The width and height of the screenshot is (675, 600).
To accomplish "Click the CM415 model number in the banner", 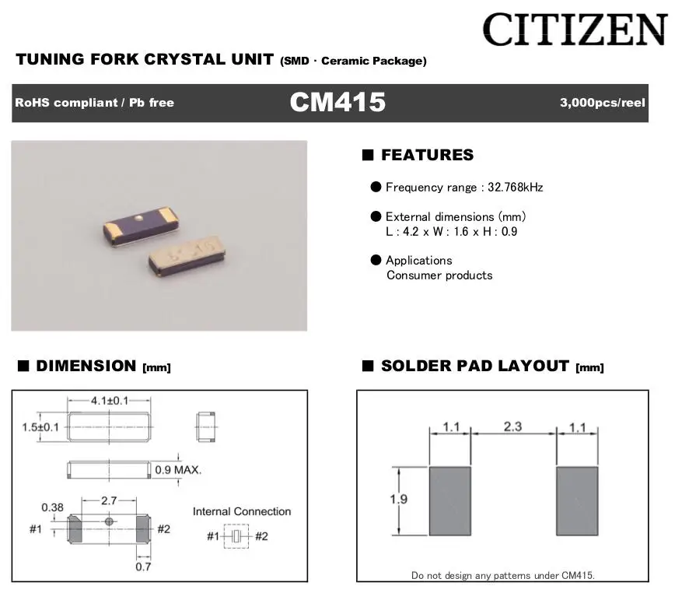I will [337, 103].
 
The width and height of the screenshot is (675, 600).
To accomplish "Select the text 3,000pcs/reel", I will [602, 103].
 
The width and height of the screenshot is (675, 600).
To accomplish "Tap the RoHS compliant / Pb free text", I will [94, 103].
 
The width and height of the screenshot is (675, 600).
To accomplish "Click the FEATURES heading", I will [427, 155].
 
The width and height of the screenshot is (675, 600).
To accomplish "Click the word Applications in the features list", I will [418, 261].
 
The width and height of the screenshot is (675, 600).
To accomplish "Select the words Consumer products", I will [439, 275].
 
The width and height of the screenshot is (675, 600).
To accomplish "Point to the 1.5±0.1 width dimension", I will [39, 426].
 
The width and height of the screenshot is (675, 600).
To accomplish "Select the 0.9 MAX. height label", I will [178, 469].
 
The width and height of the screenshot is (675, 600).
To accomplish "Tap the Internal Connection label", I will [242, 511].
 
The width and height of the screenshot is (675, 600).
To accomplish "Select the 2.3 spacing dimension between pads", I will [513, 426].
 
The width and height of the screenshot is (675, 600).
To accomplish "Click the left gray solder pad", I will [450, 500].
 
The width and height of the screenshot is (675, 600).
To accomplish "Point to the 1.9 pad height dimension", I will [399, 500].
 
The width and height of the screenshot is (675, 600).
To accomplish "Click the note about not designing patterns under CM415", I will [502, 575].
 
